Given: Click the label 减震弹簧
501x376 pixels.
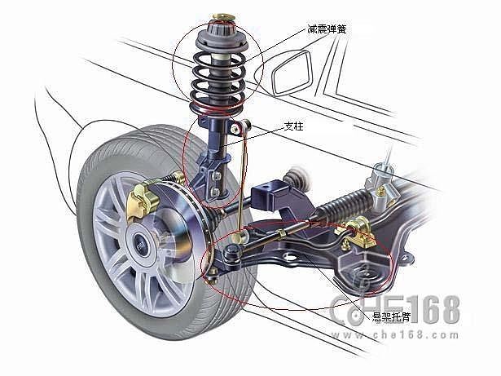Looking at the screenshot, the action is pos(327,29).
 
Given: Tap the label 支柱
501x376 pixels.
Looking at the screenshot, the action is pos(293,126).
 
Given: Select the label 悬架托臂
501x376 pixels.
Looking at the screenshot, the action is pos(391,316).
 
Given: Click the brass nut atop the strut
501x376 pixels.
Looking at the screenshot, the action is pos(224,16).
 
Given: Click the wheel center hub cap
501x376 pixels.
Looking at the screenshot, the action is pos(139,246).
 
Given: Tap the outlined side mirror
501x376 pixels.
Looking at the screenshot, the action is pos(292,73).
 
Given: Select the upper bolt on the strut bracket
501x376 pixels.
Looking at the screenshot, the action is pos(217,175).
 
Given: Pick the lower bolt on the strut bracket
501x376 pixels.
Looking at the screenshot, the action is pos(216,192).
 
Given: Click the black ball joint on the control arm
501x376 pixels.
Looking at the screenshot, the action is pos(233,253).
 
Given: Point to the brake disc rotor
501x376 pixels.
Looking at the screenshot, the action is pos(179,225).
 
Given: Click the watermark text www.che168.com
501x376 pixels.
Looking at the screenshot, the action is pos(395,335).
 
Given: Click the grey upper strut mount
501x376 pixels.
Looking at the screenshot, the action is pos(222,38).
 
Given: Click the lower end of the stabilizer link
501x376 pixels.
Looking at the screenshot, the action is pos(240,237).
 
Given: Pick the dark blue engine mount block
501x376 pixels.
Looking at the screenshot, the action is pos(269,195).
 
